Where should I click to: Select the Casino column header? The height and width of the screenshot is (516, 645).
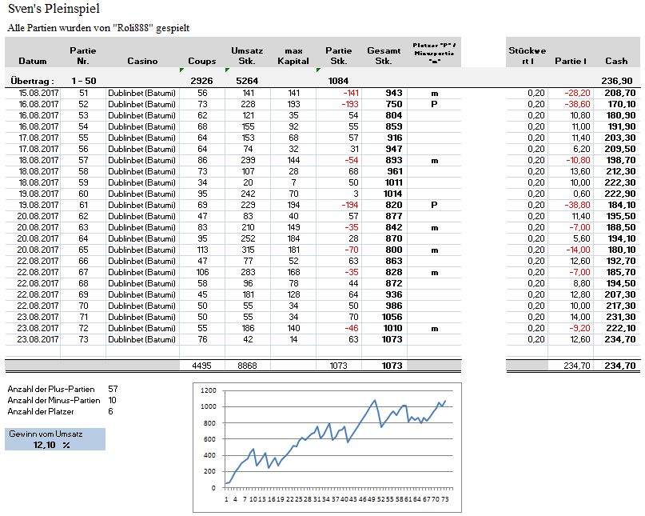point(142,61)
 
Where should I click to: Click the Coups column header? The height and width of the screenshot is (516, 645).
point(201,61)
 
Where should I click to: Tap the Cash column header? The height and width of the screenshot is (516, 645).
point(616,61)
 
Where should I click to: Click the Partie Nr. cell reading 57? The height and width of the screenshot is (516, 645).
point(83,160)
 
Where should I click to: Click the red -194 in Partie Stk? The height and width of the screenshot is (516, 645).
point(336,205)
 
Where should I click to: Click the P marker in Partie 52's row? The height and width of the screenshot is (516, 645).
point(434,104)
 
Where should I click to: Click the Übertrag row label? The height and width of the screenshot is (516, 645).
point(31,81)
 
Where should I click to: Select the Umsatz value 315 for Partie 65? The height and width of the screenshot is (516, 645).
point(248,250)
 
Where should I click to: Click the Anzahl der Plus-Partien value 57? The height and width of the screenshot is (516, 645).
point(113,388)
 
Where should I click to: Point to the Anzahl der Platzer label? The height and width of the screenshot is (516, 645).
point(38,411)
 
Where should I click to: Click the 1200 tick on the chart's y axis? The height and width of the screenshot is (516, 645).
point(209,390)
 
